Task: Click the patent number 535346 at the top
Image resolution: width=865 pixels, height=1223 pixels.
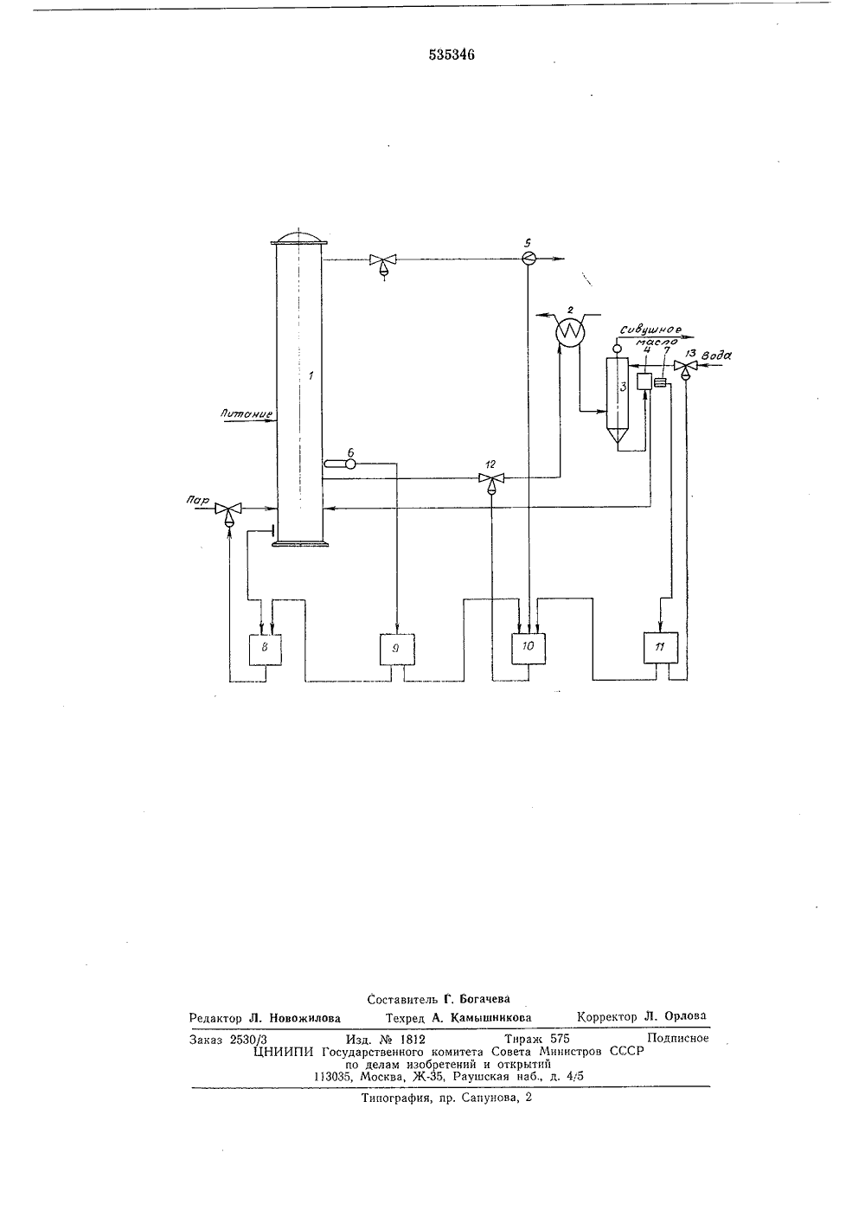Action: coord(451,54)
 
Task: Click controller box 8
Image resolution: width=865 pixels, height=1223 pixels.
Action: coord(266,650)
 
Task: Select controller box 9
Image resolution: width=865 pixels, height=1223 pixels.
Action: coord(397,650)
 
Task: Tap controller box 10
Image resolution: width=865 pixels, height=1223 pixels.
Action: coord(528,649)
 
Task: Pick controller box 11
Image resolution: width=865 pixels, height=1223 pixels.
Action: coord(661,648)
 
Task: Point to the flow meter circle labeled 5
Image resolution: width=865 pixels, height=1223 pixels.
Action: coord(528,259)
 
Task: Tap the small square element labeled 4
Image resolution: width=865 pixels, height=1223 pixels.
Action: coord(645,381)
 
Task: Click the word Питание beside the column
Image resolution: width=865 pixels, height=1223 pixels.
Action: coord(247,414)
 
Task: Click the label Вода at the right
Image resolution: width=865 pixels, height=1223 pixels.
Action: coord(716,355)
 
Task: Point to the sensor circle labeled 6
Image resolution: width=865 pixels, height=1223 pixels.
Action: coord(350,464)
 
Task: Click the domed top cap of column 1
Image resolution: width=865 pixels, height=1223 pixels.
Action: coord(298,238)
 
